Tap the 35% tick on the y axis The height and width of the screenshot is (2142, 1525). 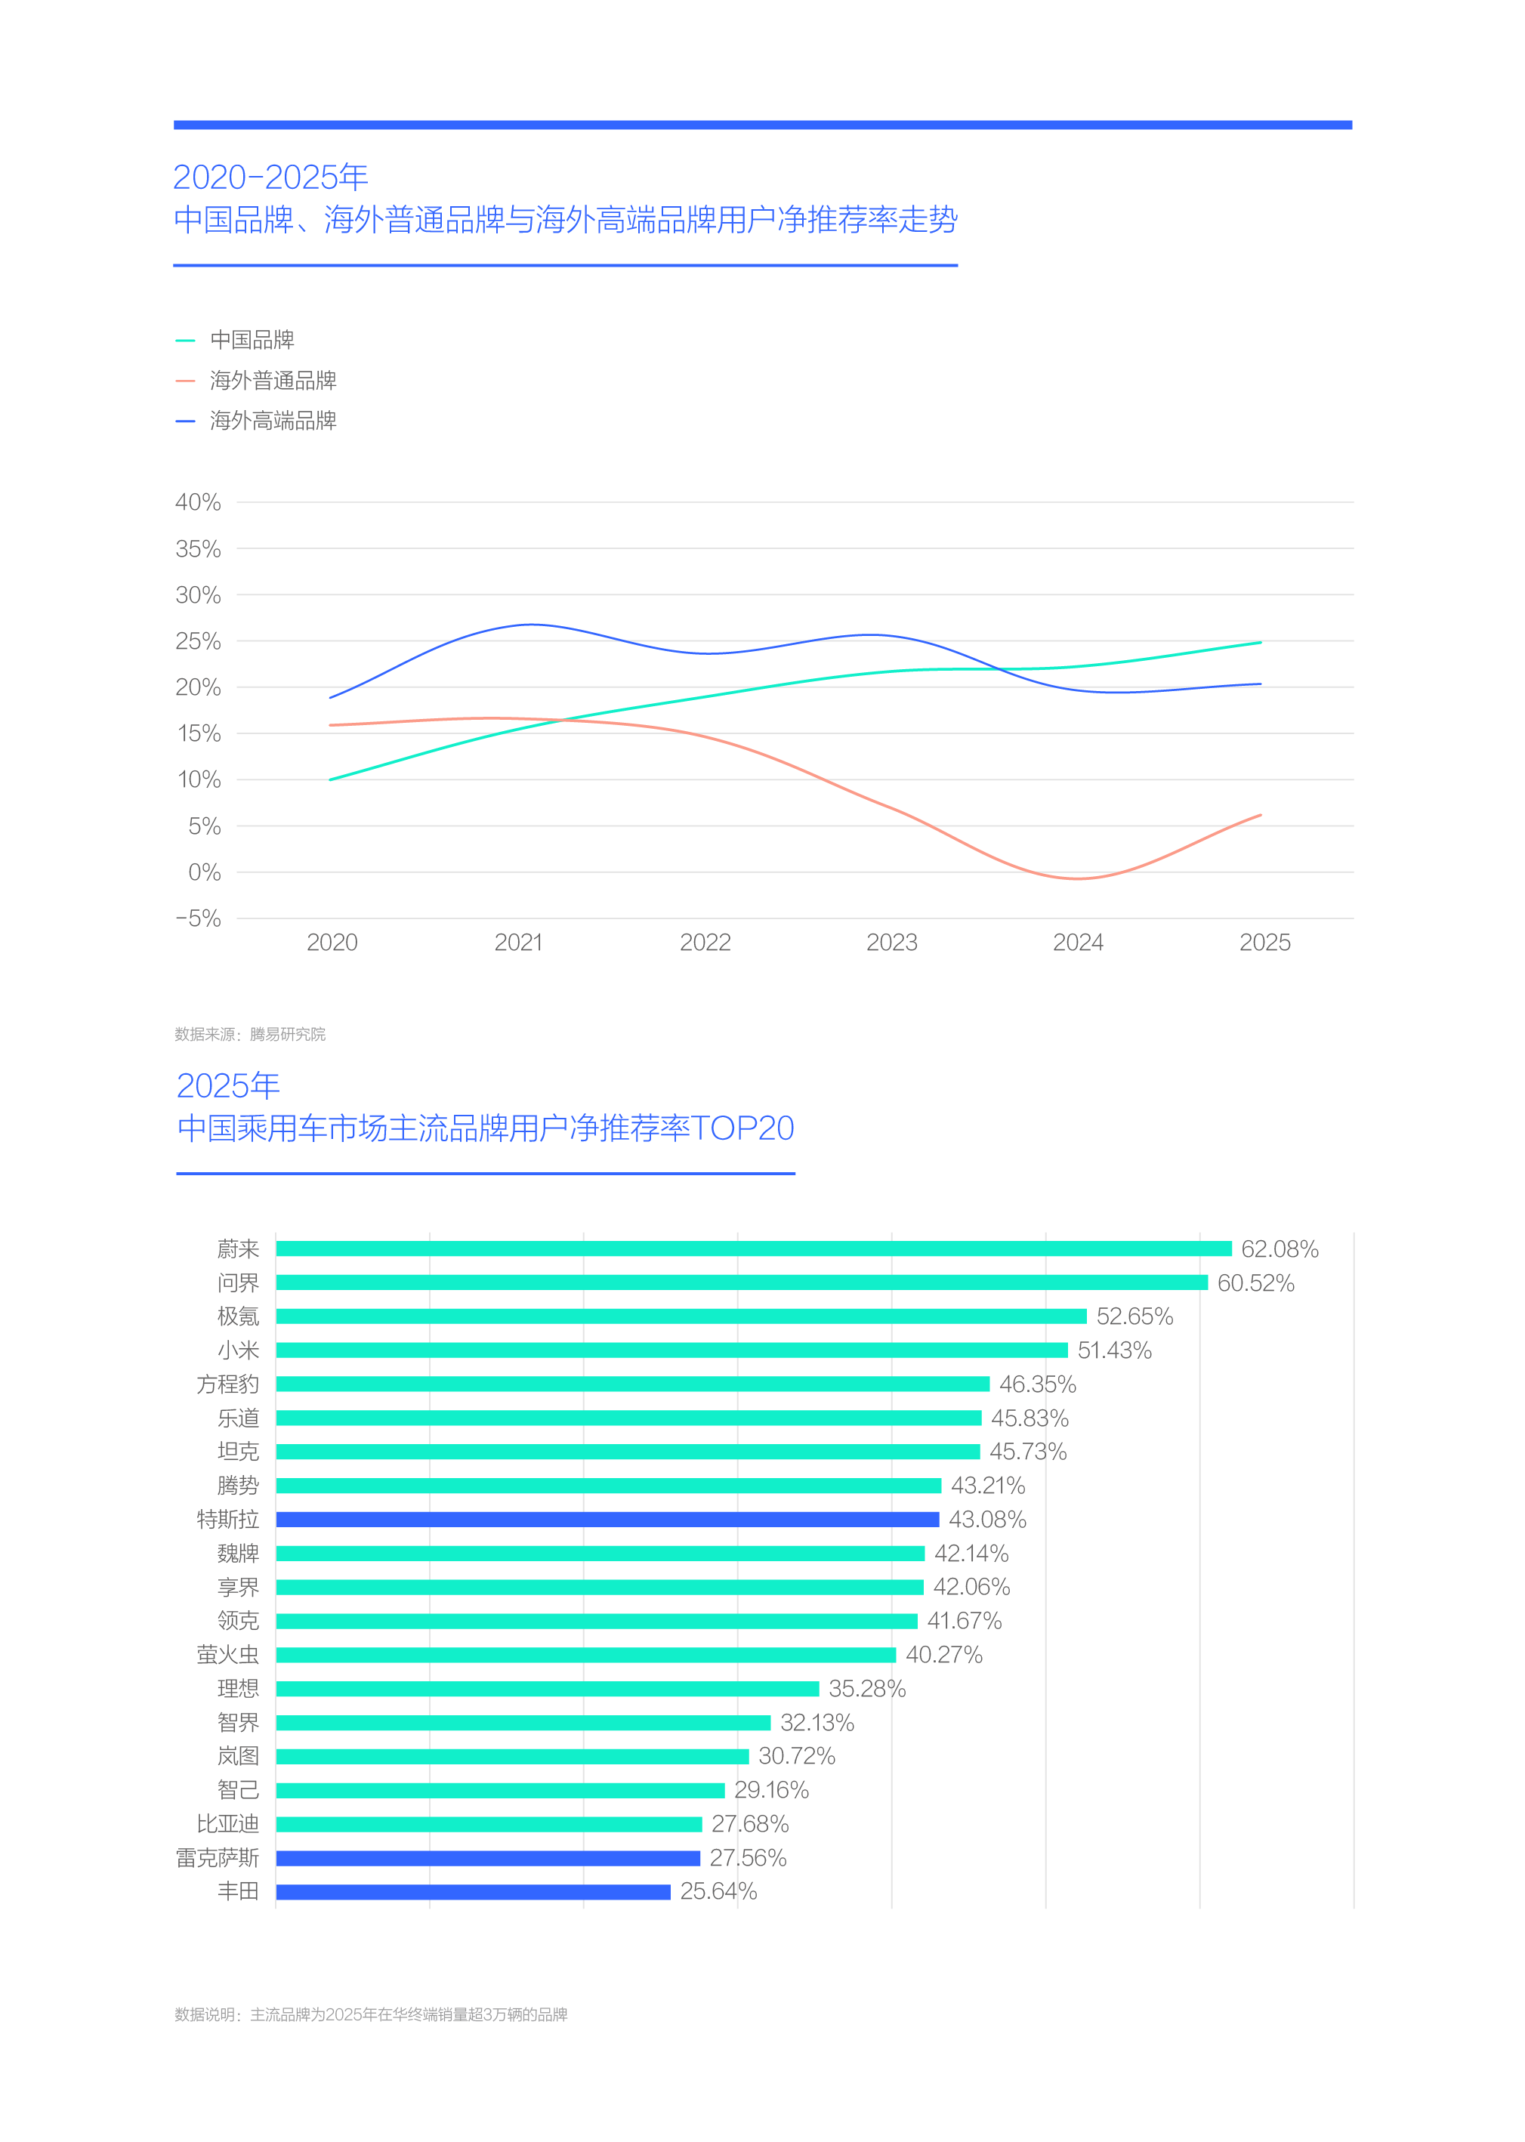(198, 549)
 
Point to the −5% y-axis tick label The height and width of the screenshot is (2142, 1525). (198, 918)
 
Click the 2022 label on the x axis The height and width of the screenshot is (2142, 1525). (705, 943)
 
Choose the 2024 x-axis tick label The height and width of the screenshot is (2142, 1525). (1078, 943)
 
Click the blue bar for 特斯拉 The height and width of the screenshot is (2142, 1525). (607, 1520)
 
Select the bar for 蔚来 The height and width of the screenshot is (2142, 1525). (753, 1249)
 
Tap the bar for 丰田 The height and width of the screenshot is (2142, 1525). (474, 1891)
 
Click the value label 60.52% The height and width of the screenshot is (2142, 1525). (1255, 1282)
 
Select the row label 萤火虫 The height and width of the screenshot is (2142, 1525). (227, 1655)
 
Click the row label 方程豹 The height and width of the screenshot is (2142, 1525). (227, 1384)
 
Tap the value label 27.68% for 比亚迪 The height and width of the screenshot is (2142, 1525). (749, 1824)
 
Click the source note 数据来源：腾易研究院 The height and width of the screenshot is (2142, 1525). (250, 1034)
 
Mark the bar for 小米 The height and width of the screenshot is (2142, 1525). (671, 1350)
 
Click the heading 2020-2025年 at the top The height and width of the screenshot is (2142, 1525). (270, 177)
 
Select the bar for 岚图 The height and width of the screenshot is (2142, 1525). (512, 1756)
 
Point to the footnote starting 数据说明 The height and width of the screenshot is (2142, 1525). (371, 2014)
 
